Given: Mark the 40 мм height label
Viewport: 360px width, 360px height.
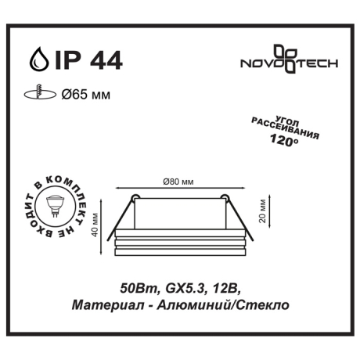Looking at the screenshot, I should [x=95, y=225].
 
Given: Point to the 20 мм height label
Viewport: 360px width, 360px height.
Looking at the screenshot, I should [x=265, y=211].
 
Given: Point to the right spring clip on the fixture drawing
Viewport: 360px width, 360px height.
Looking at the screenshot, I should [x=223, y=197].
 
